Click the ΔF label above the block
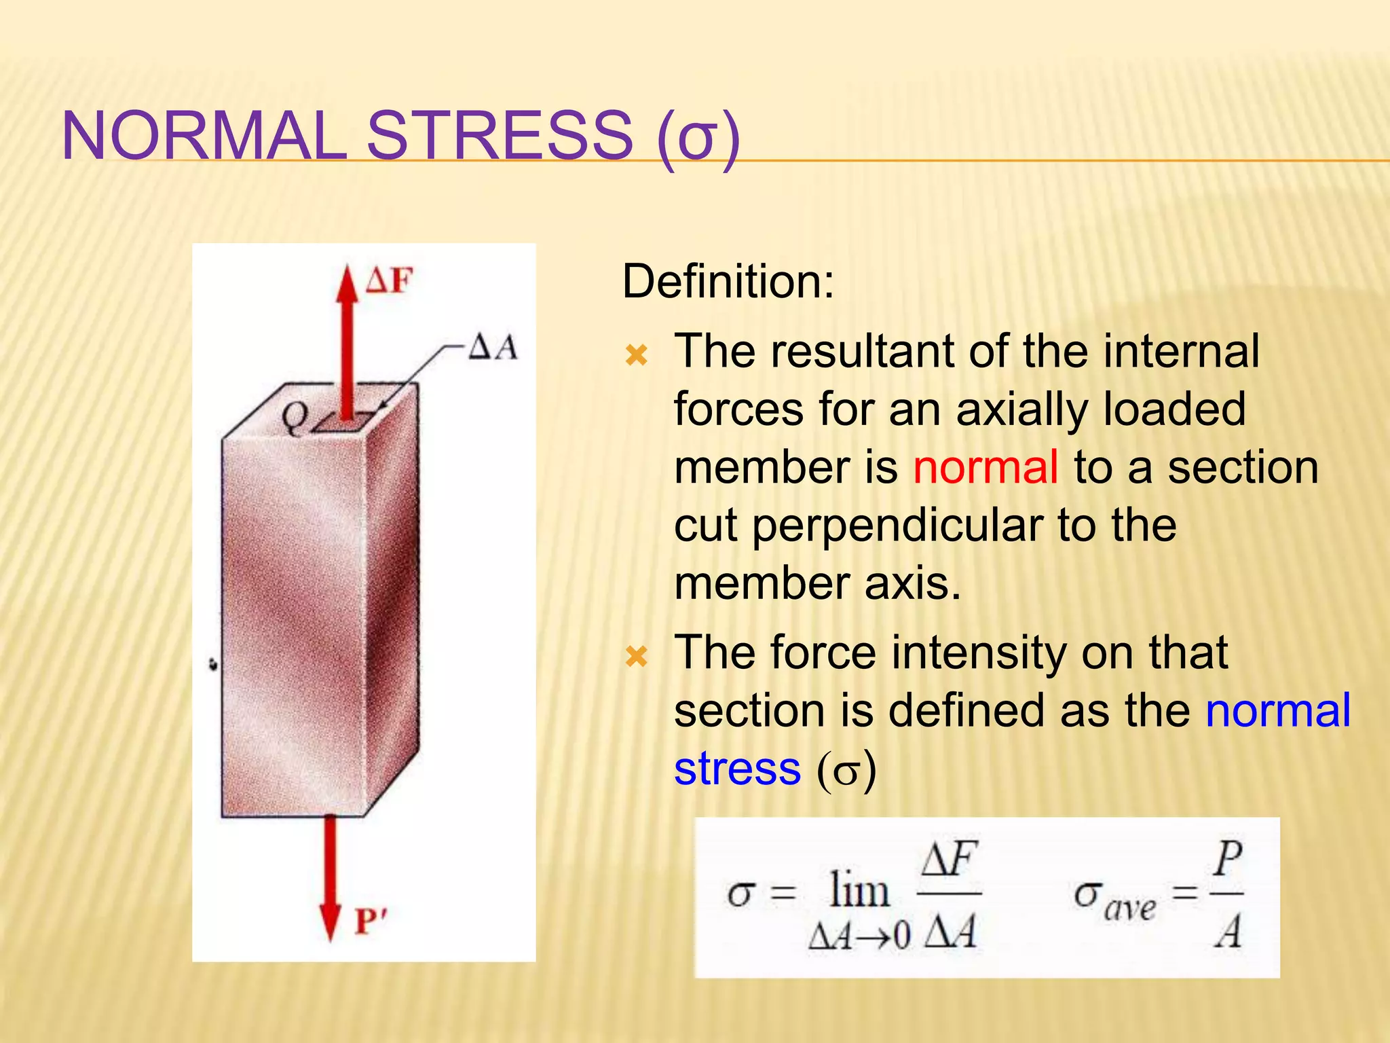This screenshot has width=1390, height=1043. pyautogui.click(x=389, y=280)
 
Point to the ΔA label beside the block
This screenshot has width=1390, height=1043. pyautogui.click(x=493, y=348)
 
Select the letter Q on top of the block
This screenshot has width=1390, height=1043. pyautogui.click(x=295, y=418)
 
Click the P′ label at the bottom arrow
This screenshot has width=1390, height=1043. pyautogui.click(x=371, y=921)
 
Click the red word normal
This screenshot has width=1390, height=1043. pyautogui.click(x=985, y=467)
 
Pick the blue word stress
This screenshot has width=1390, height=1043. pyautogui.click(x=738, y=769)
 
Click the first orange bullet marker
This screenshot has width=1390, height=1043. pyautogui.click(x=637, y=354)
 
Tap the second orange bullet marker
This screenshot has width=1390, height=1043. pyautogui.click(x=637, y=656)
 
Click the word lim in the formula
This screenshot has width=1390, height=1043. pyautogui.click(x=859, y=890)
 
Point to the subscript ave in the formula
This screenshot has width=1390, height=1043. pyautogui.click(x=1129, y=908)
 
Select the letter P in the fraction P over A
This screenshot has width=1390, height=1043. pyautogui.click(x=1228, y=859)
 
